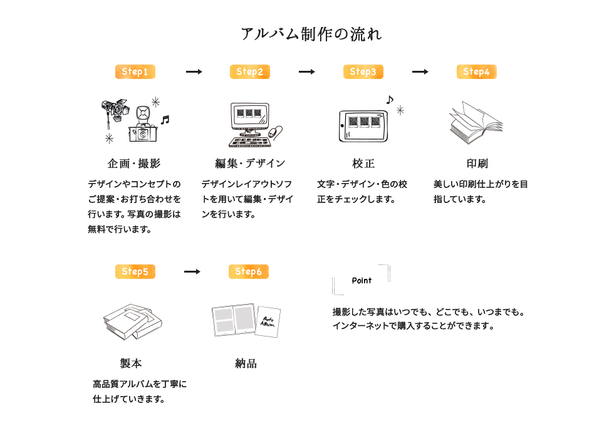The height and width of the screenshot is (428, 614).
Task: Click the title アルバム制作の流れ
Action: coord(311,34)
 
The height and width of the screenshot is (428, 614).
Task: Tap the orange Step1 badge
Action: coord(135,72)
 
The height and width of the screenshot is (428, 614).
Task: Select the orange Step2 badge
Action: coord(249,72)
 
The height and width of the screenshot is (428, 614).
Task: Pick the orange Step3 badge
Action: coord(363,72)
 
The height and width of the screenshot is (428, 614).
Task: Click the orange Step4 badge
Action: coord(476,72)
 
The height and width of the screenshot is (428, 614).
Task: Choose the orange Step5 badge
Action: coord(135,272)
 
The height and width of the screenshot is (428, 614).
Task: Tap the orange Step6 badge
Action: coord(248,272)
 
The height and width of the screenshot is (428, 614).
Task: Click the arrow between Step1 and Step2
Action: coord(194,72)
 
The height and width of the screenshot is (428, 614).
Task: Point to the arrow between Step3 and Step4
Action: coord(420,72)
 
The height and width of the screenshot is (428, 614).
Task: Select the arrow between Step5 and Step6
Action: coord(192,272)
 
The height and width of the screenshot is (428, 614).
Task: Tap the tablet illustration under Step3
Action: coord(364,122)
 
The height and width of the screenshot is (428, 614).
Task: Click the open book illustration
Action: coord(476,122)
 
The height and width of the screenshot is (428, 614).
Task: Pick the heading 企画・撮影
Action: coord(134,164)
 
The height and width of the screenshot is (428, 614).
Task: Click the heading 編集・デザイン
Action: coord(250,164)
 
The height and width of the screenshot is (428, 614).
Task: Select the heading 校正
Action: coord(363,164)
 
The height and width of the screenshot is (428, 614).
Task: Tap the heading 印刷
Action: coord(477,164)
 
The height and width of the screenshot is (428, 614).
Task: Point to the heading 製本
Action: coord(131,363)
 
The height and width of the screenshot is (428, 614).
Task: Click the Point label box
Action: coord(362,281)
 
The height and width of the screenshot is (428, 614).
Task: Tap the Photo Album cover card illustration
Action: coord(269,321)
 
